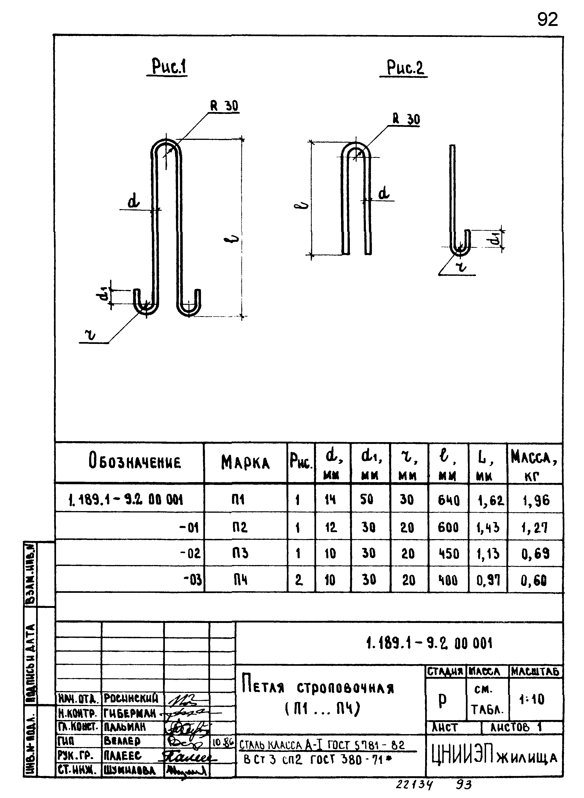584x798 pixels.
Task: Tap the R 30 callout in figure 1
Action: (x=224, y=106)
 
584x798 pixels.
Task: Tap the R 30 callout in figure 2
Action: (x=406, y=119)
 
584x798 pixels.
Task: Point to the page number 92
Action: (x=547, y=19)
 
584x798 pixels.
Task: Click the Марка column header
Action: (x=245, y=462)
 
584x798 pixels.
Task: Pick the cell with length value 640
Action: (x=448, y=500)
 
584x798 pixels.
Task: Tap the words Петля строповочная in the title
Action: (x=318, y=688)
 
